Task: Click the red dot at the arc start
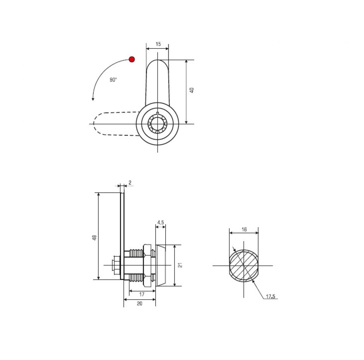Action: tap(132, 60)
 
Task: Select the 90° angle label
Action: tap(113, 80)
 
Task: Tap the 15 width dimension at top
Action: tap(158, 44)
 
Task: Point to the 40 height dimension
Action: tap(191, 90)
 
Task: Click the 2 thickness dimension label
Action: tap(130, 182)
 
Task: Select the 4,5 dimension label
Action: tap(160, 222)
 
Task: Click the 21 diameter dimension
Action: tap(180, 265)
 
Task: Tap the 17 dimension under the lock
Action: tap(142, 294)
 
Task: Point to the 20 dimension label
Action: tap(140, 303)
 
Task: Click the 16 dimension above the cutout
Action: tap(244, 229)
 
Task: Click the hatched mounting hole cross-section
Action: tap(244, 266)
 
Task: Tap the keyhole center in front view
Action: tap(157, 124)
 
